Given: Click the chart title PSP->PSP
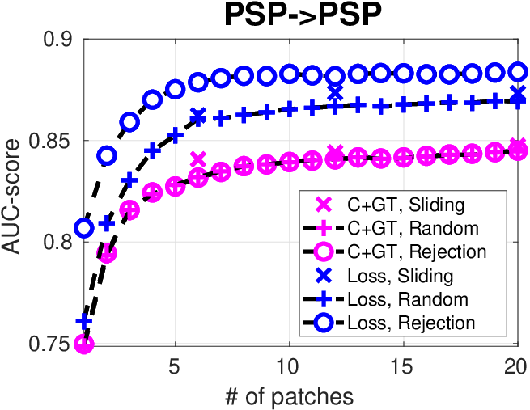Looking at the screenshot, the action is (x=303, y=15).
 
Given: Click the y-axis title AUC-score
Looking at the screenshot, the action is (x=11, y=197).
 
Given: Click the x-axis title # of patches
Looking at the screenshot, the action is (x=289, y=396).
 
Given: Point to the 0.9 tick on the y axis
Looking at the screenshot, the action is (x=57, y=40).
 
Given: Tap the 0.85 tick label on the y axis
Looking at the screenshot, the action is (x=51, y=141).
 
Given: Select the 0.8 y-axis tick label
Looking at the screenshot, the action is (x=57, y=243).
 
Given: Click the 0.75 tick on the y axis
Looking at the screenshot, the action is (x=51, y=344).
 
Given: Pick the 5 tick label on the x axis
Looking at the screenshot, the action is (x=174, y=366).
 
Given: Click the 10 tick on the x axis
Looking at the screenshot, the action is (x=289, y=366).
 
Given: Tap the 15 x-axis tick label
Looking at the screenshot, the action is (x=403, y=366).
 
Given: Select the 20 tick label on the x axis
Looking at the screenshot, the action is (x=516, y=366).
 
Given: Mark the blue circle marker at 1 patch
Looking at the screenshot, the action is (x=84, y=228).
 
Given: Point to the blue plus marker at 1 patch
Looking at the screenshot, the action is (x=84, y=322).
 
